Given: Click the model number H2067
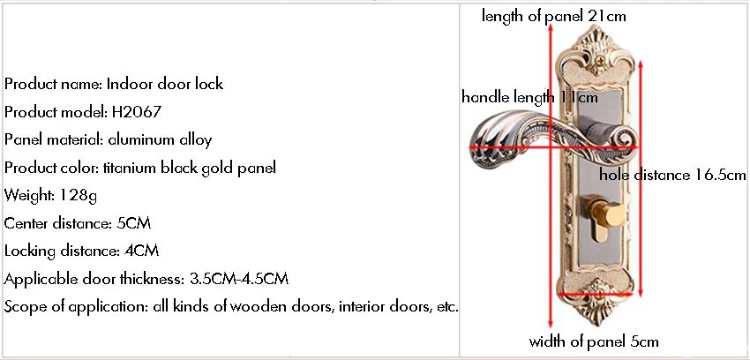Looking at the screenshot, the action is [x=136, y=112].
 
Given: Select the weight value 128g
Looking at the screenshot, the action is [x=79, y=196].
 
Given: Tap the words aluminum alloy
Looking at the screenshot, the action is [x=160, y=139].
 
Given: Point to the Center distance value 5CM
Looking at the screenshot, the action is [x=134, y=223].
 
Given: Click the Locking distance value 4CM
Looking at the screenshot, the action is [x=141, y=251].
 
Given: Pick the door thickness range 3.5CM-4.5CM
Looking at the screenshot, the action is [x=239, y=279].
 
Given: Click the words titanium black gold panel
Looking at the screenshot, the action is [x=190, y=168].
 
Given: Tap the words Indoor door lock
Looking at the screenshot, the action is [x=164, y=84].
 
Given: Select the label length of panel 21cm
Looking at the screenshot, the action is [x=553, y=16].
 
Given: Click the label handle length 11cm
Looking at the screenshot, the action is [x=529, y=97].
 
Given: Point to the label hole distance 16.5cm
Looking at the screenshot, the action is [x=672, y=175].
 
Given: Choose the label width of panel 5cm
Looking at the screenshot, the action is [x=594, y=341].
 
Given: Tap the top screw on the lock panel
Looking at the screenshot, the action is [x=597, y=61].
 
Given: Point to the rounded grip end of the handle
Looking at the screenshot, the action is [x=489, y=144].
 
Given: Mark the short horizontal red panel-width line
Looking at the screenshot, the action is [x=596, y=295].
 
